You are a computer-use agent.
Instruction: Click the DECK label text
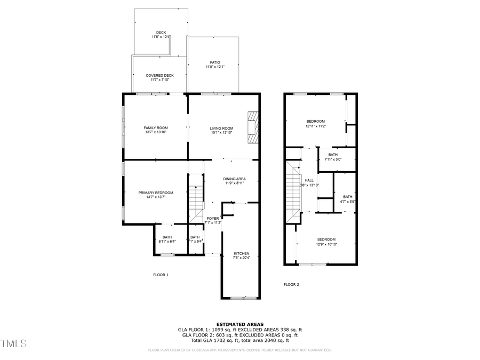tap(161, 33)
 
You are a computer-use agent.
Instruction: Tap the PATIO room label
tap(215, 62)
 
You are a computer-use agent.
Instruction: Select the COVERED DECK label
tap(159, 76)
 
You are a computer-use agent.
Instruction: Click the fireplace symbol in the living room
tap(253, 127)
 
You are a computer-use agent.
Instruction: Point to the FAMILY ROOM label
tap(156, 128)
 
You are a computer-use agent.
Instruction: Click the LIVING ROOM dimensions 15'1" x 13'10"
tap(221, 133)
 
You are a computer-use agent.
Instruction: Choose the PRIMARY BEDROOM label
tap(156, 193)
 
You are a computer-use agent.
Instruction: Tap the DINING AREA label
tap(234, 179)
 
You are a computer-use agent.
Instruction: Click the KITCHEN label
tap(242, 253)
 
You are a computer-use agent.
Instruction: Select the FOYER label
tap(213, 218)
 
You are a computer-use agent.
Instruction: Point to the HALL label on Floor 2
tap(309, 180)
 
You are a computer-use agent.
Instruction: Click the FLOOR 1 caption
tap(161, 275)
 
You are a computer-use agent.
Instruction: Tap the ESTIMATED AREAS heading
tap(239, 324)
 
